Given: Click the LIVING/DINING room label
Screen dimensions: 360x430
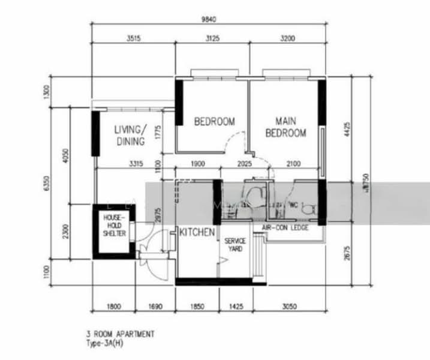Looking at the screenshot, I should [x=130, y=136].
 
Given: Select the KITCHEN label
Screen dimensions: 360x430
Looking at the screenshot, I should [x=197, y=232].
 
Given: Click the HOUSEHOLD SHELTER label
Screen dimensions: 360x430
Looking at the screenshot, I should [x=114, y=225].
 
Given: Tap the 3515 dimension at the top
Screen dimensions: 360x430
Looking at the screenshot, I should [x=133, y=38].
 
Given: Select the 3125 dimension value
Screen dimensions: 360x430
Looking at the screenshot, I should [x=212, y=38].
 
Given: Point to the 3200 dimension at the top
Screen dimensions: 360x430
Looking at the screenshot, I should [x=287, y=38].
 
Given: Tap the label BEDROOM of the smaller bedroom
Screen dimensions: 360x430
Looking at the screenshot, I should [x=214, y=122].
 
